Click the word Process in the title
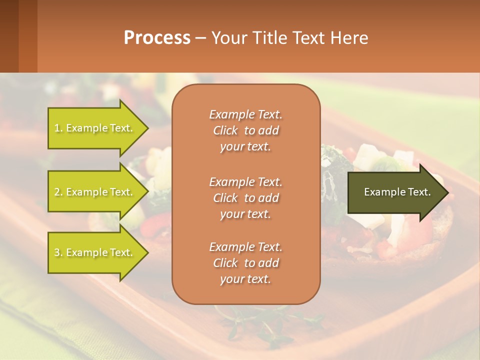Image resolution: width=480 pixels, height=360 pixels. (x=157, y=38)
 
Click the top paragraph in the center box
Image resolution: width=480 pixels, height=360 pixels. (x=246, y=130)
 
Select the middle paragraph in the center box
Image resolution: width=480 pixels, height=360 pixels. (x=246, y=198)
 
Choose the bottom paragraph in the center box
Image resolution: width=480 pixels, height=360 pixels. (x=246, y=263)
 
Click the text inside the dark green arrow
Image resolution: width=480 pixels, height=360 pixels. (x=397, y=192)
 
